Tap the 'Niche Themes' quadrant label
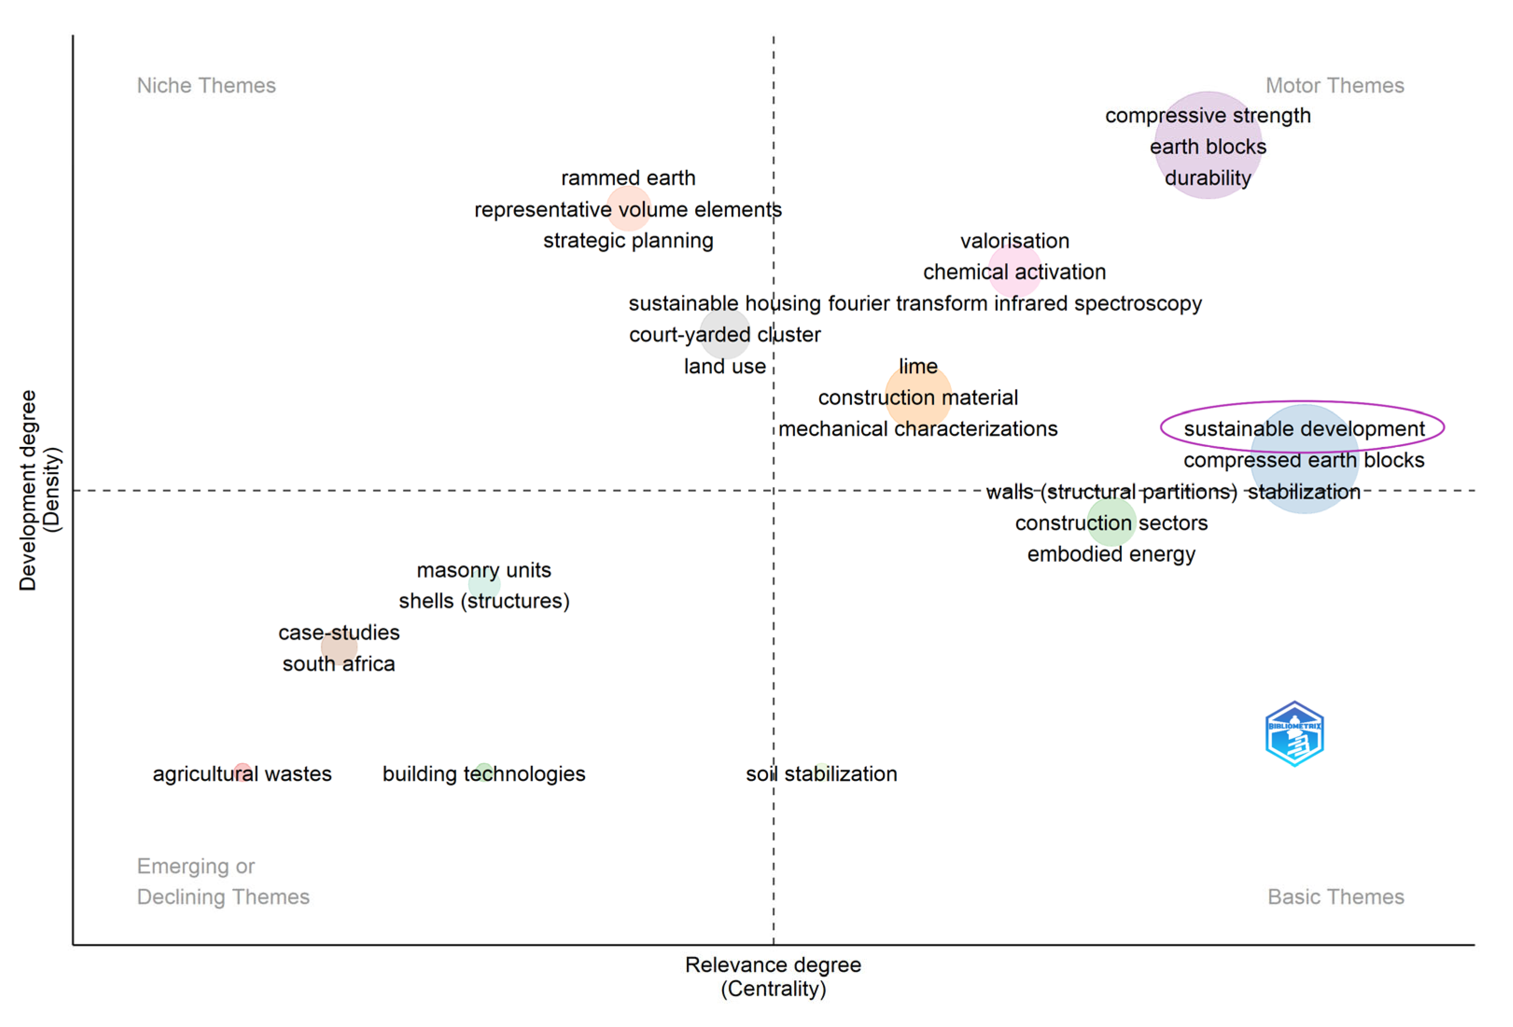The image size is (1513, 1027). click(206, 85)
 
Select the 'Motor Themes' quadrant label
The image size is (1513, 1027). click(1335, 85)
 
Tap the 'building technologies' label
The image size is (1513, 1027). click(484, 774)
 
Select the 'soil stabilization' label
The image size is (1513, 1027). click(821, 774)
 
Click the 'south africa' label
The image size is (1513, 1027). click(338, 664)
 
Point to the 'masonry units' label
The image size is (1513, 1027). click(484, 570)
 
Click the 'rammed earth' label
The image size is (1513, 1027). click(628, 178)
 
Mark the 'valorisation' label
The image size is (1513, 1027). click(1014, 241)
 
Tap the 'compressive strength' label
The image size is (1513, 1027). click(1208, 115)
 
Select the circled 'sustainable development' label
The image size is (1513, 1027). click(1304, 429)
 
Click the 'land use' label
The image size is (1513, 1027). click(725, 366)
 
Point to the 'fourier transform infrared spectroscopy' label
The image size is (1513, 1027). click(1014, 304)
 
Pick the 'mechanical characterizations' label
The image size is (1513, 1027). click(918, 429)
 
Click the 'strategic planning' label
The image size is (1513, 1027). click(628, 241)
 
